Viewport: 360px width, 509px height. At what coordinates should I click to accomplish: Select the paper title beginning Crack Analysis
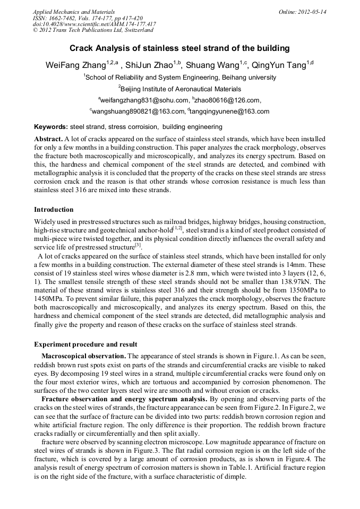pos(180,48)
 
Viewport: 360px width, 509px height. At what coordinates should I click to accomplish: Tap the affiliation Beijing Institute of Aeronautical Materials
pos(181,89)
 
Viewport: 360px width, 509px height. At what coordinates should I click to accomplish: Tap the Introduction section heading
pos(54,210)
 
